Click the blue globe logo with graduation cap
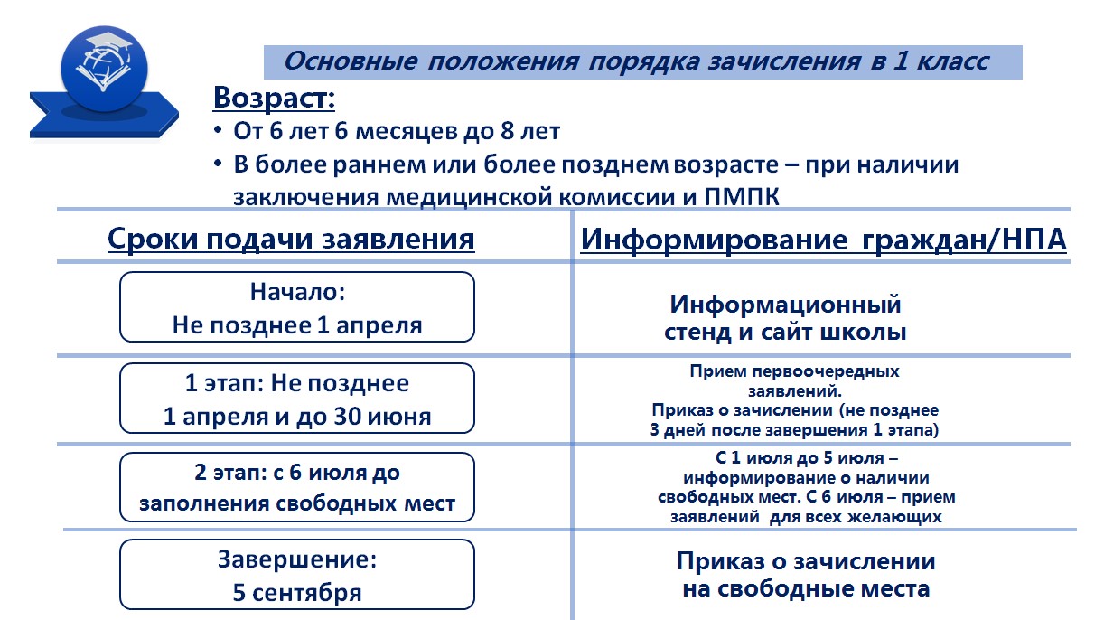point(104,69)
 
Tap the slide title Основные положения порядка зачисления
point(572,61)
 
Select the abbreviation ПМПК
point(742,197)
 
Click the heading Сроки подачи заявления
point(291,239)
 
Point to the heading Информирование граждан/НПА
point(823,240)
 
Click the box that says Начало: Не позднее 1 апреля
point(297,306)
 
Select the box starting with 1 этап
point(297,398)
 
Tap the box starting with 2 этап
point(297,487)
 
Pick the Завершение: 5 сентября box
point(297,574)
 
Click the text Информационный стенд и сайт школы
point(785,318)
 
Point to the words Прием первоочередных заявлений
point(794,380)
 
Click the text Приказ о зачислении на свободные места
point(806,575)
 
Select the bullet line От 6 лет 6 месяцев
point(397,131)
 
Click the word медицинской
point(470,197)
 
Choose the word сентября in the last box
point(306,593)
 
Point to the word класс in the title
point(952,61)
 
